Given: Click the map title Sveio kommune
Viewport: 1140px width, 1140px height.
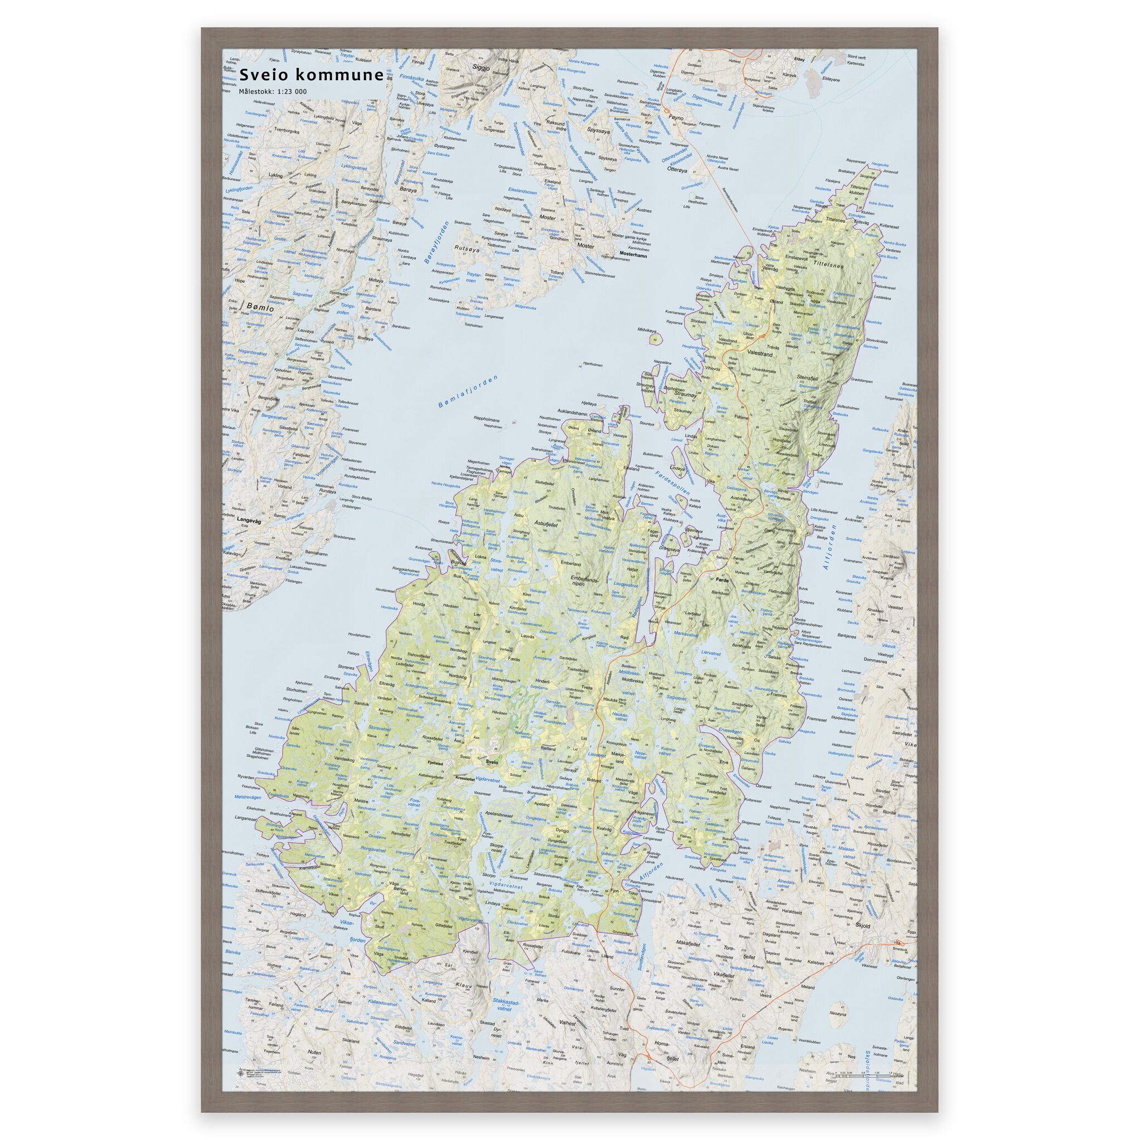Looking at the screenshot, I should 311,75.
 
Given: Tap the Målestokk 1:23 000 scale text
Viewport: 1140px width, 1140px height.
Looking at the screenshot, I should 273,91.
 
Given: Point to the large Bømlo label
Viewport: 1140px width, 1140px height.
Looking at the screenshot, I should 262,307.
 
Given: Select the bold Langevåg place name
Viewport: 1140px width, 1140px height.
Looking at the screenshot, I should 249,520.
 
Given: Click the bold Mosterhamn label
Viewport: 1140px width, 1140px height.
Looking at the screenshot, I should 633,255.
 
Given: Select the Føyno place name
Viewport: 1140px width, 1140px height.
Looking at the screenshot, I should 676,118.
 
